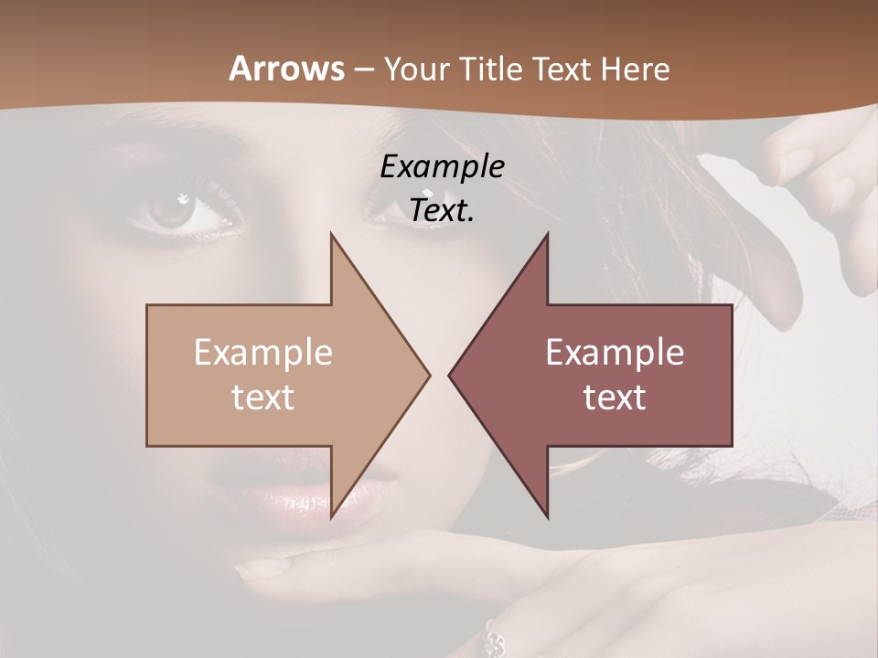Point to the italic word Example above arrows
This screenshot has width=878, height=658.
point(442,167)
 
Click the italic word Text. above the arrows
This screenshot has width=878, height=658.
point(442,211)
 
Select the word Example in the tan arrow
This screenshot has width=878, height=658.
point(263,352)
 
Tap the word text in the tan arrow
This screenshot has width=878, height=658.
point(263,397)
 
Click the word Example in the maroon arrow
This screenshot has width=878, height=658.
point(615,352)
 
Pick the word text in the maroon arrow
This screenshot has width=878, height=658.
point(615,397)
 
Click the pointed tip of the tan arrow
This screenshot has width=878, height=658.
point(428,375)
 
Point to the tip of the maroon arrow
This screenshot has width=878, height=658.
point(450,375)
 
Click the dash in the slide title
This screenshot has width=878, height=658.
point(363,69)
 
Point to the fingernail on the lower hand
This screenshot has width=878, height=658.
point(261,568)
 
